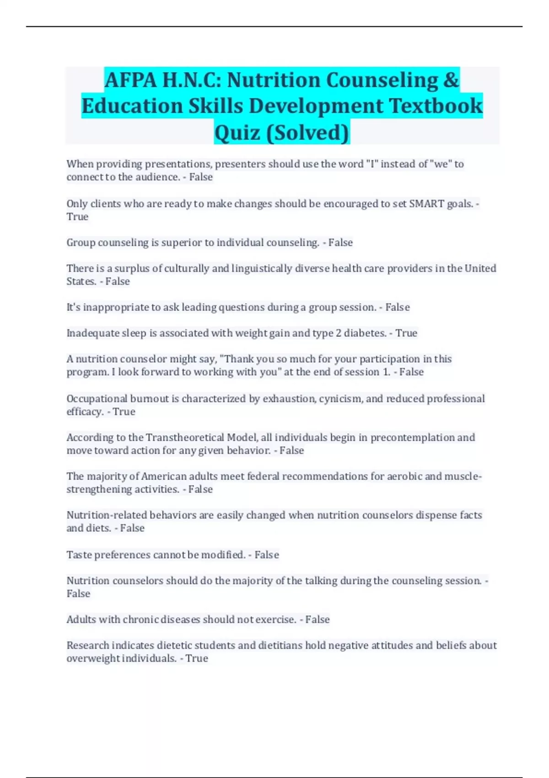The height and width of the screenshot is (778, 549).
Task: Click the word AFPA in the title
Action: coord(130,81)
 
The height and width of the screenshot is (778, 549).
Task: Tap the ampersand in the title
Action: coord(451,81)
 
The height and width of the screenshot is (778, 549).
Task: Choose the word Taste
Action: coord(79,555)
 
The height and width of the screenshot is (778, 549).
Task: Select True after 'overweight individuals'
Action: coord(197,659)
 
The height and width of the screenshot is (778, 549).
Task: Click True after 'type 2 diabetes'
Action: coord(406,333)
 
